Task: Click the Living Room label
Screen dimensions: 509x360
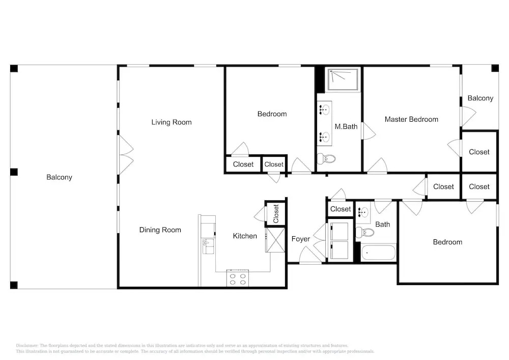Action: coord(172,122)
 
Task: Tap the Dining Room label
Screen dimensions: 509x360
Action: coord(160,230)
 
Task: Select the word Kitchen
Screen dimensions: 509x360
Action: coord(245,236)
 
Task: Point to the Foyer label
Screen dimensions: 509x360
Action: coord(301,239)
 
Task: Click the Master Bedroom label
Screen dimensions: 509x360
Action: coord(411,120)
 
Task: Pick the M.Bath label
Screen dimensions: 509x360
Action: coord(346,127)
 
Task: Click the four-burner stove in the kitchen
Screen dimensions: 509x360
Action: coord(238,279)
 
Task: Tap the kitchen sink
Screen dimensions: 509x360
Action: coord(208,246)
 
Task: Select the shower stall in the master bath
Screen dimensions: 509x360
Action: coord(344,79)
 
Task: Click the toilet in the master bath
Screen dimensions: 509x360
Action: coord(326,159)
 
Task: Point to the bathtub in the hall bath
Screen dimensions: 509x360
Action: coord(379,252)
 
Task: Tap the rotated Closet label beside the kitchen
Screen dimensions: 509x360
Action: coord(276,213)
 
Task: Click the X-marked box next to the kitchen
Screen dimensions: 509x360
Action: coord(275,240)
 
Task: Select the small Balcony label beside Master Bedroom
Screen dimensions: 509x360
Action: coord(480,98)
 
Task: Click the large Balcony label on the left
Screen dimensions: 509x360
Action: coord(59,177)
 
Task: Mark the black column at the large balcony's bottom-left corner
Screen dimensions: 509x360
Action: coord(14,285)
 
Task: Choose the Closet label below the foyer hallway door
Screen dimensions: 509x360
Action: coord(341,209)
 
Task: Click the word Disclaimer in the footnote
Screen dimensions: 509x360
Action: coord(27,346)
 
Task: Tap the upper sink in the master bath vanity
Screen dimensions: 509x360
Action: coord(324,109)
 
